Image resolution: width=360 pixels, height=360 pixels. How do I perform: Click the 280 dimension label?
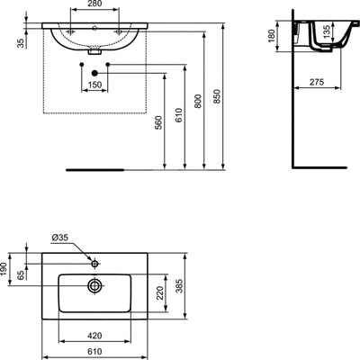click(x=94, y=4)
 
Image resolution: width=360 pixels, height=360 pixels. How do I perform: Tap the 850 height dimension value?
click(x=217, y=96)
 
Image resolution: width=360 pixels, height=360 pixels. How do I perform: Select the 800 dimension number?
click(x=198, y=102)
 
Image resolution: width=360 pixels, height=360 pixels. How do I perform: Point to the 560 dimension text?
click(x=158, y=122)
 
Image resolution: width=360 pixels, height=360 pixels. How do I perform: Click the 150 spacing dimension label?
click(x=94, y=85)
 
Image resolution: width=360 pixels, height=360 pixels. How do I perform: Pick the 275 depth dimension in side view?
click(x=317, y=82)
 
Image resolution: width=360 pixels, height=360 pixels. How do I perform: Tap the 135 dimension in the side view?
click(x=327, y=31)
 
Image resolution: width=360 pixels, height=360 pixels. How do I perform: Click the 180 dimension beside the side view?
click(x=271, y=36)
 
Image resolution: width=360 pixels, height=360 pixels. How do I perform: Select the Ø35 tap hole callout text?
click(x=60, y=238)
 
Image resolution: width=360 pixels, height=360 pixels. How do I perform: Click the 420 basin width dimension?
click(x=94, y=336)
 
